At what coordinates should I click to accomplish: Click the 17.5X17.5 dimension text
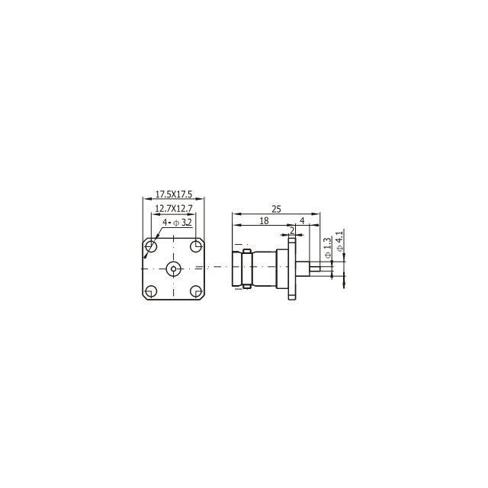(x=174, y=194)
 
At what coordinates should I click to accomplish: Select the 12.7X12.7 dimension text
(x=174, y=208)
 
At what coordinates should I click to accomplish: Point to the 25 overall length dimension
(x=276, y=208)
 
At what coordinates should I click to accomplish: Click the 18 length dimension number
(x=264, y=220)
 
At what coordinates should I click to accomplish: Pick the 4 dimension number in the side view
(x=303, y=220)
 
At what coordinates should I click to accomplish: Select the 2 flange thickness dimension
(x=292, y=230)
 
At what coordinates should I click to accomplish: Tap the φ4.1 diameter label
(x=339, y=238)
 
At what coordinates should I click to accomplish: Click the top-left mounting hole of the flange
(x=152, y=247)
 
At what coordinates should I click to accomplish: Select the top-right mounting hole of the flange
(x=195, y=247)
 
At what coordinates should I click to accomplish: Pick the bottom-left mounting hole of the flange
(x=152, y=291)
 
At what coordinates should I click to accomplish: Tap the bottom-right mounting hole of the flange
(x=195, y=291)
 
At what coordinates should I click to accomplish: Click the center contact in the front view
(x=174, y=268)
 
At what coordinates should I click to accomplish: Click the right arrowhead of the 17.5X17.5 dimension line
(x=204, y=200)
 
